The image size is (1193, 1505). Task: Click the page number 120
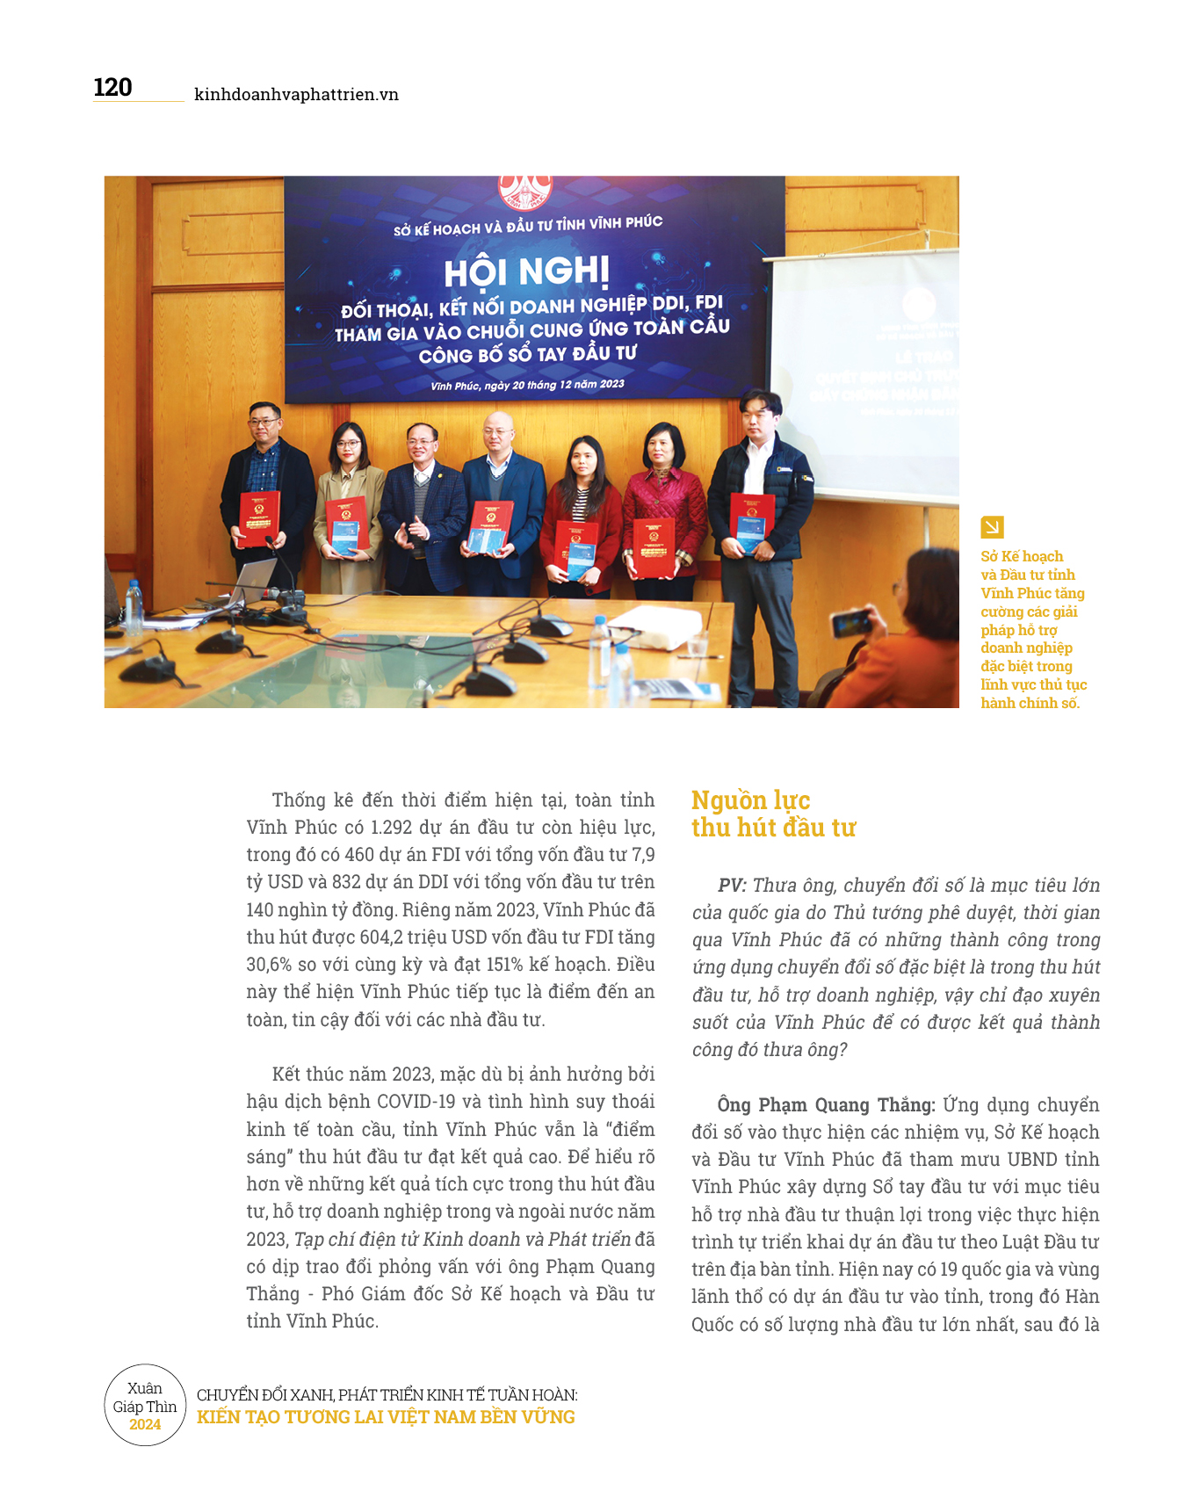pyautogui.click(x=112, y=88)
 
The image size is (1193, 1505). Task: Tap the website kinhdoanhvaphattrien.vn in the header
pyautogui.click(x=296, y=95)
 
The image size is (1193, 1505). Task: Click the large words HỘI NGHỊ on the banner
pyautogui.click(x=526, y=271)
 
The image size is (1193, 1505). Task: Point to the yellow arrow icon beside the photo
pyautogui.click(x=992, y=527)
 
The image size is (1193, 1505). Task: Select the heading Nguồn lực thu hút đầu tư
pyautogui.click(x=773, y=814)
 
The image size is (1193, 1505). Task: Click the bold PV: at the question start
pyautogui.click(x=732, y=886)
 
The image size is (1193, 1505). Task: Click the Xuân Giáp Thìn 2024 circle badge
pyautogui.click(x=145, y=1406)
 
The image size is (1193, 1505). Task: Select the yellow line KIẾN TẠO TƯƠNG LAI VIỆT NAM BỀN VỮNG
pyautogui.click(x=386, y=1417)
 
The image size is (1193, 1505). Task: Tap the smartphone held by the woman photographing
pyautogui.click(x=850, y=624)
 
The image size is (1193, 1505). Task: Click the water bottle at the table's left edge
pyautogui.click(x=134, y=606)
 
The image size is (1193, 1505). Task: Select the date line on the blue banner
pyautogui.click(x=527, y=385)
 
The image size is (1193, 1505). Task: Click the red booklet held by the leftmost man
pyautogui.click(x=259, y=517)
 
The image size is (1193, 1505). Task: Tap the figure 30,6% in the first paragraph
pyautogui.click(x=269, y=965)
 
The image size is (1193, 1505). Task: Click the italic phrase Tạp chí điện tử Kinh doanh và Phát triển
pyautogui.click(x=462, y=1240)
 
